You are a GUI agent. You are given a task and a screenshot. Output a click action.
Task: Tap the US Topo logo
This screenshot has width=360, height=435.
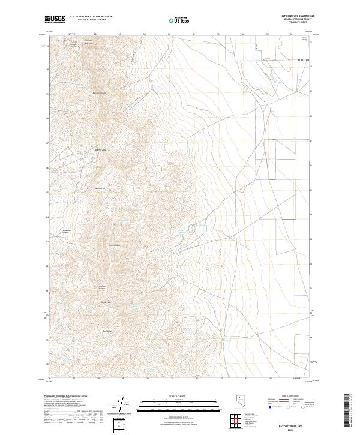tap(178, 20)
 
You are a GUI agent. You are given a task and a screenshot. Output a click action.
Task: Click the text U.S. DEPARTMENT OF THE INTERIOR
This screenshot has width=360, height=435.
tap(91, 17)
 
